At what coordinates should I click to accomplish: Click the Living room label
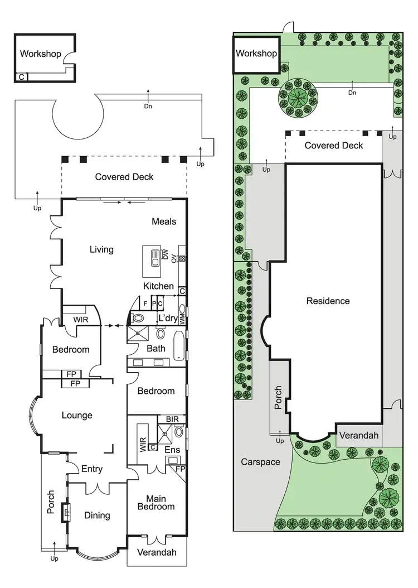[101, 249]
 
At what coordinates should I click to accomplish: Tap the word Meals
[164, 221]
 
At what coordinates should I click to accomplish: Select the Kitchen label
[158, 286]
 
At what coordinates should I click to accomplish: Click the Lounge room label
[77, 415]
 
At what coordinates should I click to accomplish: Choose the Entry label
[92, 469]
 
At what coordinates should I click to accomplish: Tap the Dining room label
[96, 515]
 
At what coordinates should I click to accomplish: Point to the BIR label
[172, 419]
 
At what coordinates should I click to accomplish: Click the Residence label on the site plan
[328, 301]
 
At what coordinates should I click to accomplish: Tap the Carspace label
[260, 462]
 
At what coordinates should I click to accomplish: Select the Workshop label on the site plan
[256, 54]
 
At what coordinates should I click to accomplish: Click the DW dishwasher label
[166, 255]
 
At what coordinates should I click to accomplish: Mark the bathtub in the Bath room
[178, 346]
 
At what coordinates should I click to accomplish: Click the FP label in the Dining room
[66, 512]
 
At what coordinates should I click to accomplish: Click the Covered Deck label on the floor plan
[124, 177]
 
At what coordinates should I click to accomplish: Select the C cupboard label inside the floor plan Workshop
[21, 77]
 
